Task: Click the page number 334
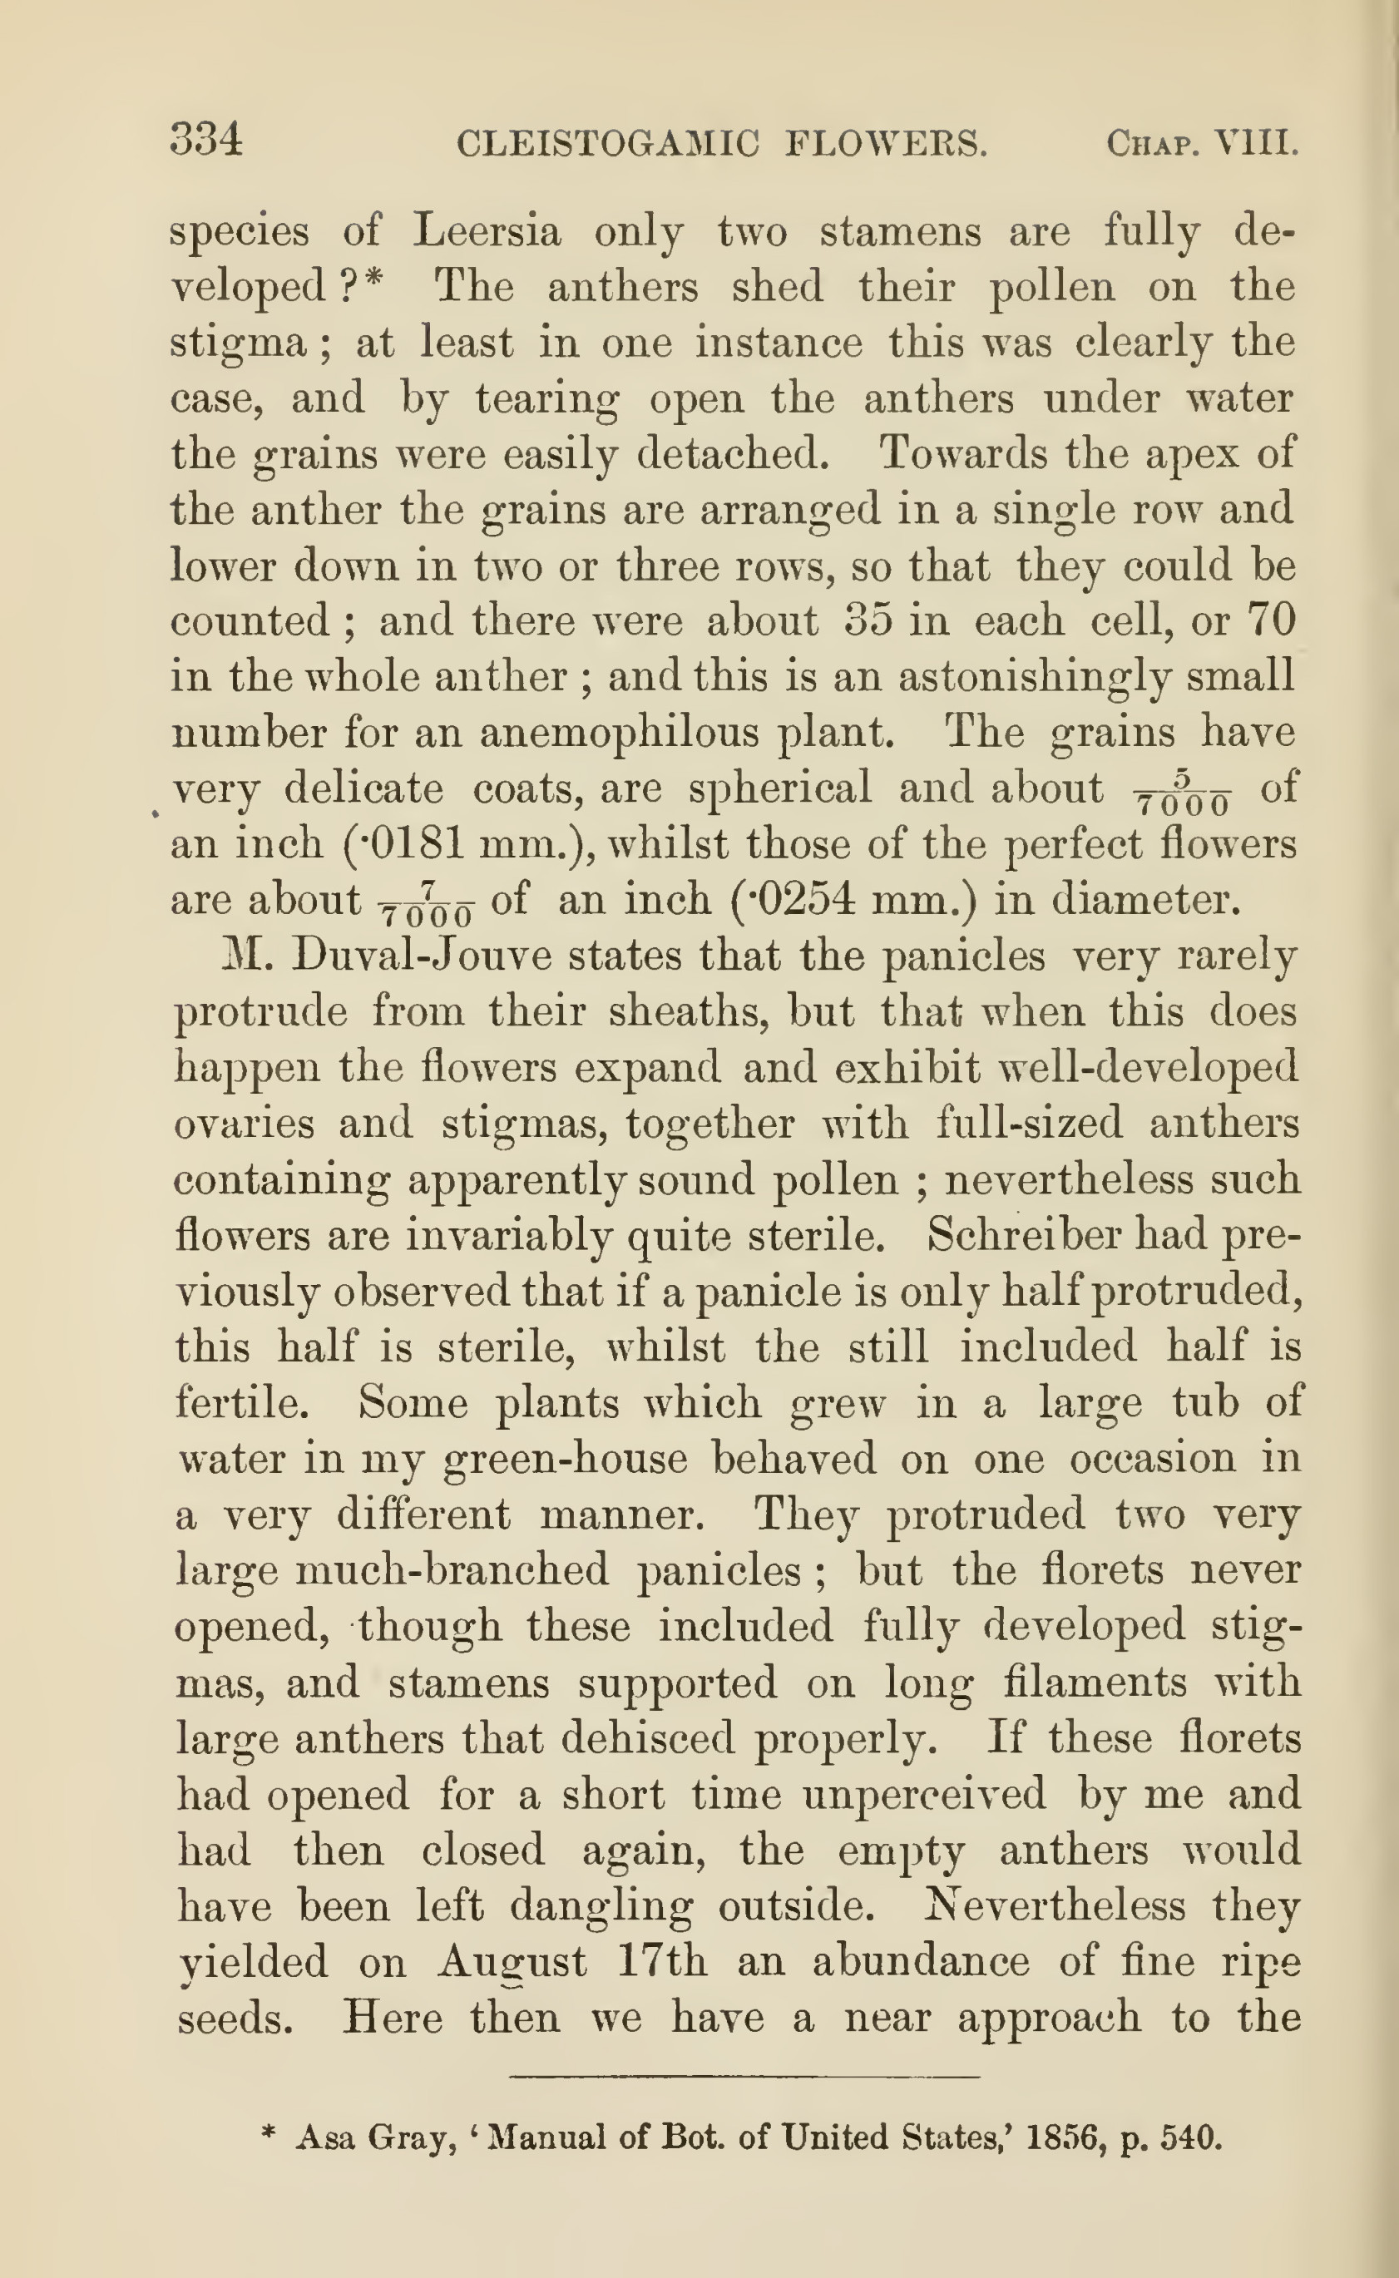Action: coord(206,141)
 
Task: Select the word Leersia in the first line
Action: coord(487,230)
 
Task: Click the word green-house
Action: coord(566,1459)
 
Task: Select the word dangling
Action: coord(601,1907)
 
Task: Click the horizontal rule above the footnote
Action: coord(743,2078)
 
